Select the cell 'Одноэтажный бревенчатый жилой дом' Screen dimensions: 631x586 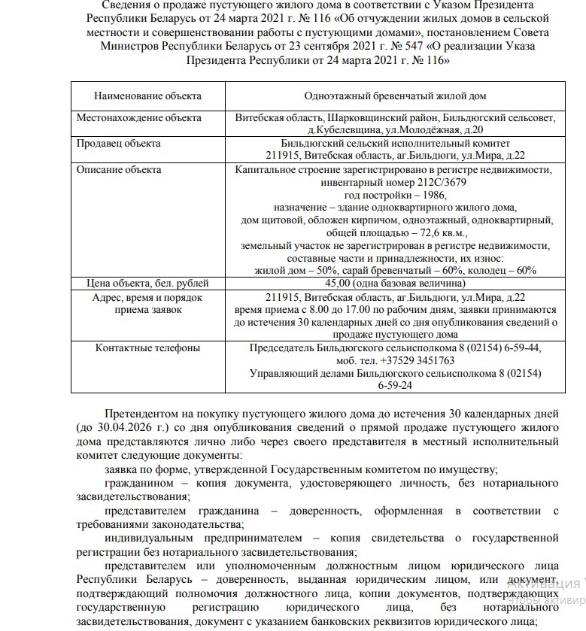[x=395, y=97]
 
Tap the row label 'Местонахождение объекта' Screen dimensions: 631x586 [x=139, y=118]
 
